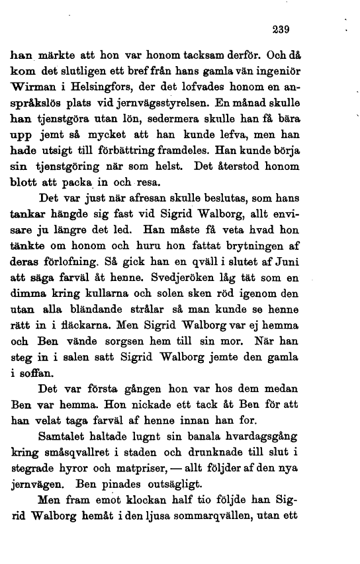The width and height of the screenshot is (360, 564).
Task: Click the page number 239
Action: (281, 29)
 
